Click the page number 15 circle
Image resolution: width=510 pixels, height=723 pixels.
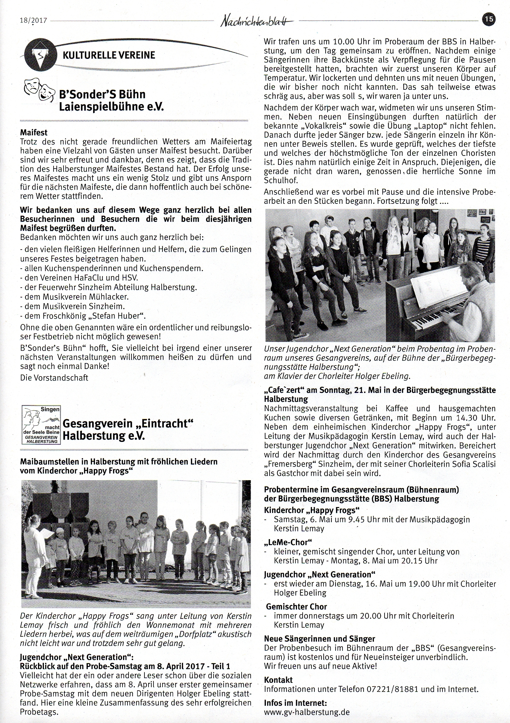(x=489, y=19)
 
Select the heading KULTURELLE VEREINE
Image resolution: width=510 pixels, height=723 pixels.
(x=109, y=55)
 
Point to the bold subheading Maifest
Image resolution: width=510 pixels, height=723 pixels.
(x=34, y=132)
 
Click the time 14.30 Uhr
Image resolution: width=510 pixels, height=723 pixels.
(x=471, y=418)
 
